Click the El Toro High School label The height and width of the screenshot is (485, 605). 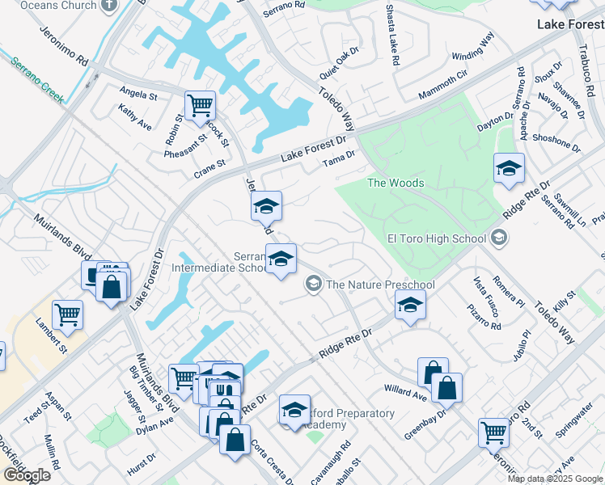coord(437,238)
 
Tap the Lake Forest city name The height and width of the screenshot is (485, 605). coord(571,25)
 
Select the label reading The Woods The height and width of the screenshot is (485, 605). coord(396,183)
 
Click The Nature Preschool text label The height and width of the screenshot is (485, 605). coord(380,285)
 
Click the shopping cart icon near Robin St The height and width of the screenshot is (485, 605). coord(200,106)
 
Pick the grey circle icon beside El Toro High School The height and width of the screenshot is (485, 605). coord(499,238)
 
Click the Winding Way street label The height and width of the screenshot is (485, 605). coord(472,48)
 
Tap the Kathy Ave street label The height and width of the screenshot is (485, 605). coord(134,117)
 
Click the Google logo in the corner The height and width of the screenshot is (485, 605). coord(27,474)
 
